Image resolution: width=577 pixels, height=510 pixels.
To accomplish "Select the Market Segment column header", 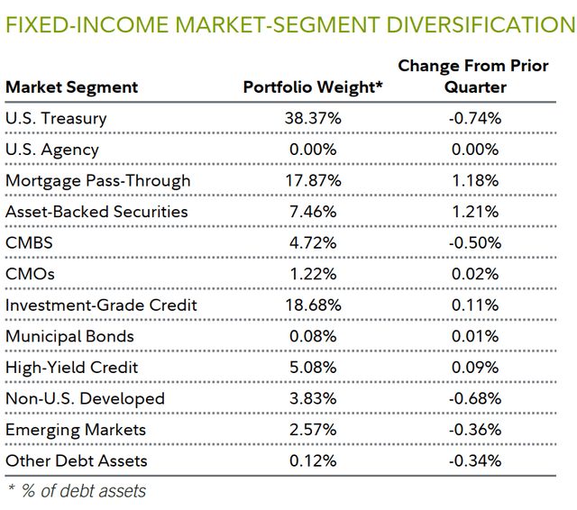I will tap(72, 87).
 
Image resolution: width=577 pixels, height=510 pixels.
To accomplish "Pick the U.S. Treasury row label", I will tap(56, 118).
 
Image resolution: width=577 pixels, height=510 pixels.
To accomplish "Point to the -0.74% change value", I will tap(475, 118).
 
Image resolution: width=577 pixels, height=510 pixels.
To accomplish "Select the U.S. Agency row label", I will tap(52, 150).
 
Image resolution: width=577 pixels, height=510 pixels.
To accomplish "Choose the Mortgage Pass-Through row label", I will tap(98, 180).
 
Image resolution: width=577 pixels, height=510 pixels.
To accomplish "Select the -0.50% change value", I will tap(475, 243).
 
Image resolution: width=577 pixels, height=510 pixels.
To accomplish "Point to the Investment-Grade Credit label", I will tap(101, 305).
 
